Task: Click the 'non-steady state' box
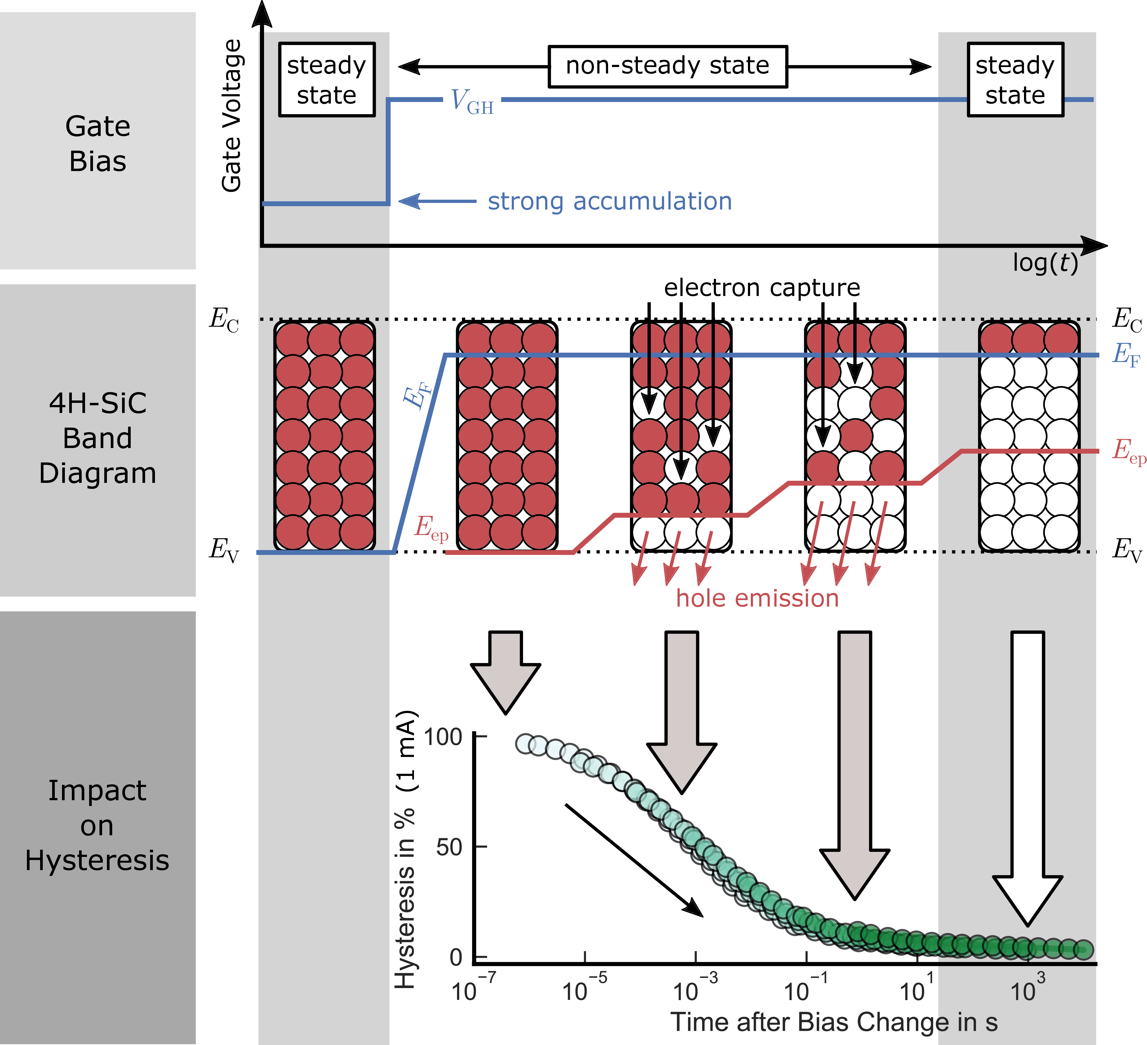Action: coord(667,67)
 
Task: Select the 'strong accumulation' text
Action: coord(609,201)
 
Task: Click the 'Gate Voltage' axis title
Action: coord(232,116)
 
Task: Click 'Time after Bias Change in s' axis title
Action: coord(833,1022)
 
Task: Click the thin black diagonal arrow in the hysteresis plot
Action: coord(634,860)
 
